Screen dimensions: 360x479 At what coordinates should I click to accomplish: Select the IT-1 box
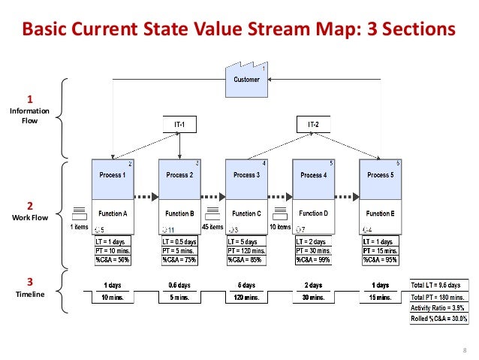tap(179, 123)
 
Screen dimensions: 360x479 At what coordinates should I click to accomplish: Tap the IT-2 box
tap(313, 123)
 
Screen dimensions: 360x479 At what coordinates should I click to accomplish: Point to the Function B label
tap(179, 213)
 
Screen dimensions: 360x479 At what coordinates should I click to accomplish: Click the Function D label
tap(313, 213)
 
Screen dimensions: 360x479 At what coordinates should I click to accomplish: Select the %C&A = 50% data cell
tap(112, 260)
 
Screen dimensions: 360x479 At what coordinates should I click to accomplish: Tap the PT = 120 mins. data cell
tap(246, 251)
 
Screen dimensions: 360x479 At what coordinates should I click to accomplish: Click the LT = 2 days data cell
tap(313, 242)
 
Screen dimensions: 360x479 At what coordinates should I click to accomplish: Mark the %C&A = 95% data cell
tap(381, 260)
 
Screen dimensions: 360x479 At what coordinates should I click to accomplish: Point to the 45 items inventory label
tap(212, 227)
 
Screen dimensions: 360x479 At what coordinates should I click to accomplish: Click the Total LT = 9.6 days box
tap(439, 286)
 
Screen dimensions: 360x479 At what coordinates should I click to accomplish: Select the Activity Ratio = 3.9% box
tap(439, 308)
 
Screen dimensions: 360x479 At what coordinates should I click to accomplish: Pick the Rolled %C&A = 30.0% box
tap(439, 319)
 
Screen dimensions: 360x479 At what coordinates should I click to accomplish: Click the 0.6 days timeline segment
tap(179, 286)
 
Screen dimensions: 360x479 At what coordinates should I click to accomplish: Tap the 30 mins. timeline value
tap(313, 298)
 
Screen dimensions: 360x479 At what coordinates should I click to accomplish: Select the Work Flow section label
tap(30, 218)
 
